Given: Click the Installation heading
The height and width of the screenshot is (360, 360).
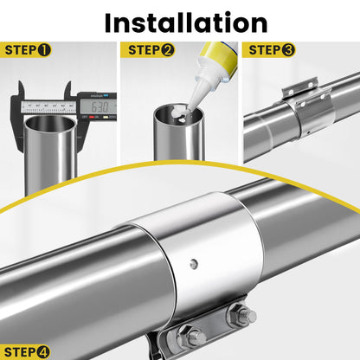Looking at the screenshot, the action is point(186,22).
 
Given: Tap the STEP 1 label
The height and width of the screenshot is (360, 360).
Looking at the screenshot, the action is point(28,50).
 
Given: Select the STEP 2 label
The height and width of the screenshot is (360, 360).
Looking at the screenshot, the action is point(151,50).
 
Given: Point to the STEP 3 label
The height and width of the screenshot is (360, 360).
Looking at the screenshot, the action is point(272,50).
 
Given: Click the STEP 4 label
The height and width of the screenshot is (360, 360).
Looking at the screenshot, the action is point(27,352).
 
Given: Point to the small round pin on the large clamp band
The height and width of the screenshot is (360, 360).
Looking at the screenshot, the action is point(194,263).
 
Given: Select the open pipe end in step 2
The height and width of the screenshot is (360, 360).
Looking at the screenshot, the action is point(178,114).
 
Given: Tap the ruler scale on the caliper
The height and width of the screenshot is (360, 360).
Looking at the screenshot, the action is point(48,107).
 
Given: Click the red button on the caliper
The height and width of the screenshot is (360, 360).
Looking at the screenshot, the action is point(92,118).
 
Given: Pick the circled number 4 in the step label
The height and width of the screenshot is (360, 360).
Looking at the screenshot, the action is point(43,352).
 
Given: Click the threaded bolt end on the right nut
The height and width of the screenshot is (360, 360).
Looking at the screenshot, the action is point(250,315).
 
